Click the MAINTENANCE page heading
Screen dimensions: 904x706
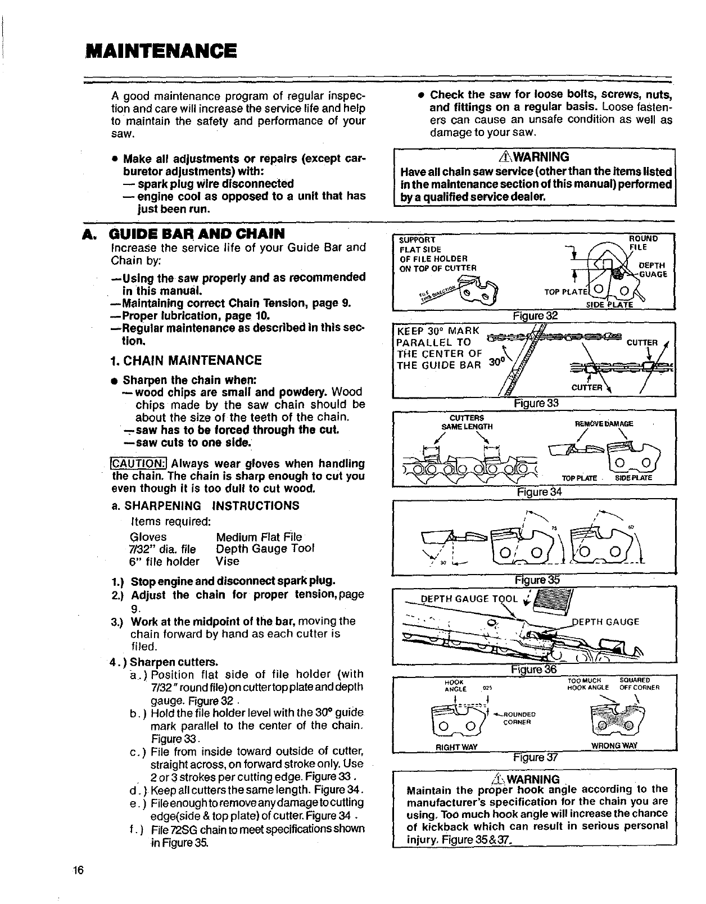coord(161,51)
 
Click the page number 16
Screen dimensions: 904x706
coord(78,870)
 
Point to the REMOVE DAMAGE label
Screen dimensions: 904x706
coord(605,423)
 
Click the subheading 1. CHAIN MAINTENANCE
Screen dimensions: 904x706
coord(187,360)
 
